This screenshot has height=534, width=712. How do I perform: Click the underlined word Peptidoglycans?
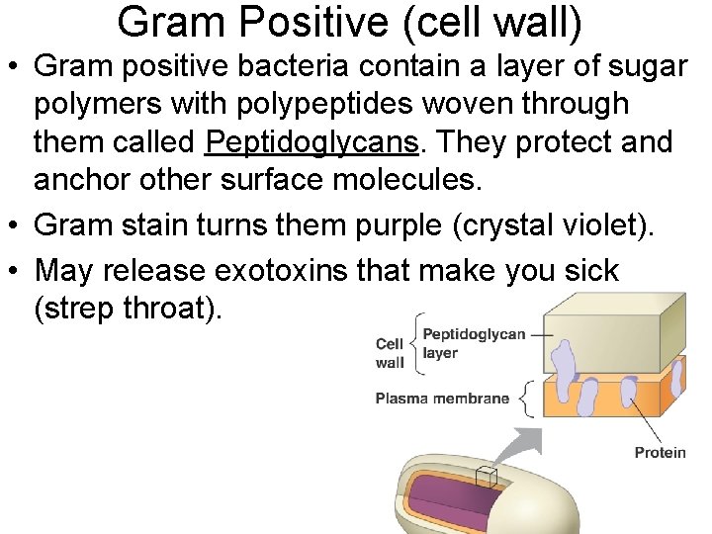pyautogui.click(x=311, y=142)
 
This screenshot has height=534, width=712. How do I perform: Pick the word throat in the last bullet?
pyautogui.click(x=167, y=309)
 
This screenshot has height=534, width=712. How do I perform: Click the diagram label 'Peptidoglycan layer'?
pyautogui.click(x=473, y=343)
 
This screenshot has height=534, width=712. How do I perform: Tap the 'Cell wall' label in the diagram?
pyautogui.click(x=390, y=353)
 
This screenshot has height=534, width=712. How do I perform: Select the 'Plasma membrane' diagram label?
pyautogui.click(x=442, y=400)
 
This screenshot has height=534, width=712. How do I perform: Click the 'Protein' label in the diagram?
pyautogui.click(x=660, y=453)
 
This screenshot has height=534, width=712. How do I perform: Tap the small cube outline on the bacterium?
pyautogui.click(x=485, y=478)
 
